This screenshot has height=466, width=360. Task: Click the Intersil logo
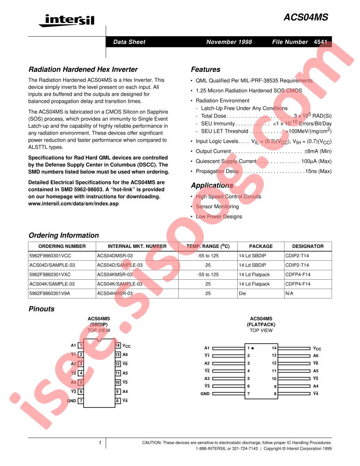(x=66, y=20)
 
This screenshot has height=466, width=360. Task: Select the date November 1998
(x=229, y=42)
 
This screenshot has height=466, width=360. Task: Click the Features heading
(x=205, y=69)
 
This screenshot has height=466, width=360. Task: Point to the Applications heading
(x=212, y=185)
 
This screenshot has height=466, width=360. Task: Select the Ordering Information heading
(x=64, y=235)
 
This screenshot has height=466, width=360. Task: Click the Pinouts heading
(x=41, y=309)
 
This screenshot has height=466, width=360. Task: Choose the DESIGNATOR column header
(x=307, y=246)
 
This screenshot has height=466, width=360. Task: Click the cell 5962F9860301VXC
(x=49, y=274)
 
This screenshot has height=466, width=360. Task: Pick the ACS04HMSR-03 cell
(x=114, y=293)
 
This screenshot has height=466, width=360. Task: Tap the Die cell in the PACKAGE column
(x=243, y=293)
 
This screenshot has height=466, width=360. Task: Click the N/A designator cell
(x=290, y=293)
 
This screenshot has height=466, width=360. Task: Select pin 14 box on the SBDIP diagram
(x=118, y=345)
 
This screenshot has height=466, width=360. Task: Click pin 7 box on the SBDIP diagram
(x=81, y=401)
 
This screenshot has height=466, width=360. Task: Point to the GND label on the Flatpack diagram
(x=205, y=393)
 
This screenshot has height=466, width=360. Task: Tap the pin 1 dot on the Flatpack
(x=253, y=348)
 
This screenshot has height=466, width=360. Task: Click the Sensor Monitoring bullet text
(x=217, y=207)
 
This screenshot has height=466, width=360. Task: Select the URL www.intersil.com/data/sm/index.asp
(x=73, y=203)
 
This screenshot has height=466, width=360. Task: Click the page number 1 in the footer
(x=100, y=443)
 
